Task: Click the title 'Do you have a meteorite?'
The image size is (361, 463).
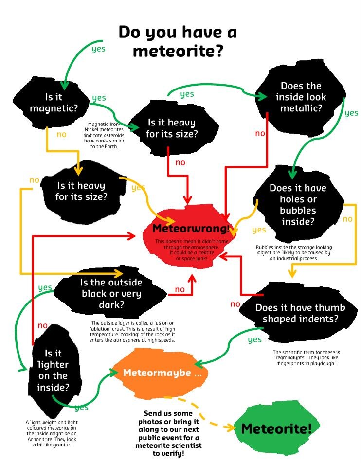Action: pyautogui.click(x=178, y=41)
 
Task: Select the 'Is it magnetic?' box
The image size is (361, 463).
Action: pyautogui.click(x=54, y=103)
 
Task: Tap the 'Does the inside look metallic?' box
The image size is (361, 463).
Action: pyautogui.click(x=301, y=97)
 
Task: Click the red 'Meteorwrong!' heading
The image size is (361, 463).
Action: pyautogui.click(x=191, y=228)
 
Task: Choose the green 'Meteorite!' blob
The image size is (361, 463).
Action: pyautogui.click(x=275, y=428)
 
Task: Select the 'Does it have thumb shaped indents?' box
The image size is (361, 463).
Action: pyautogui.click(x=300, y=313)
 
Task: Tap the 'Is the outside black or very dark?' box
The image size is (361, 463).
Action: pyautogui.click(x=111, y=294)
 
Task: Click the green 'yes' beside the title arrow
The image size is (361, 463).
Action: pyautogui.click(x=98, y=49)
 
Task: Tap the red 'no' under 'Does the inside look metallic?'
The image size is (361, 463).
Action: pyautogui.click(x=260, y=133)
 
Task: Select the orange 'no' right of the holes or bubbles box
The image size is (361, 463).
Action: pyautogui.click(x=347, y=219)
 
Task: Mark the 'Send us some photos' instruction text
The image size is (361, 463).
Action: pyautogui.click(x=173, y=433)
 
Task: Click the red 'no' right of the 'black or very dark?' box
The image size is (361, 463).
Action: pyautogui.click(x=180, y=290)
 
